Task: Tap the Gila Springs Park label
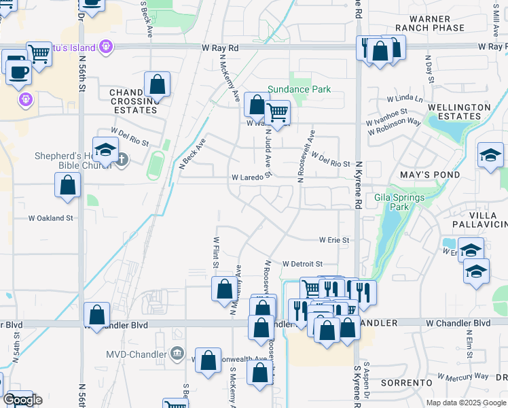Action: click(x=399, y=203)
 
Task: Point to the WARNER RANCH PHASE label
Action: click(x=431, y=23)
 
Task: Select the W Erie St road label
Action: click(x=334, y=240)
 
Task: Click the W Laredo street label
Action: click(x=247, y=177)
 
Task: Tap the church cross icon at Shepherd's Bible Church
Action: click(x=122, y=160)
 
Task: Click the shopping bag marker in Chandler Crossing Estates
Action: click(x=157, y=85)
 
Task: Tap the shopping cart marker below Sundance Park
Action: click(x=277, y=112)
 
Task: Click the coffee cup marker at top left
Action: click(x=18, y=71)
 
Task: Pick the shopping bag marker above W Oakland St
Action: click(x=68, y=184)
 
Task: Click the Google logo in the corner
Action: click(x=22, y=400)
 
